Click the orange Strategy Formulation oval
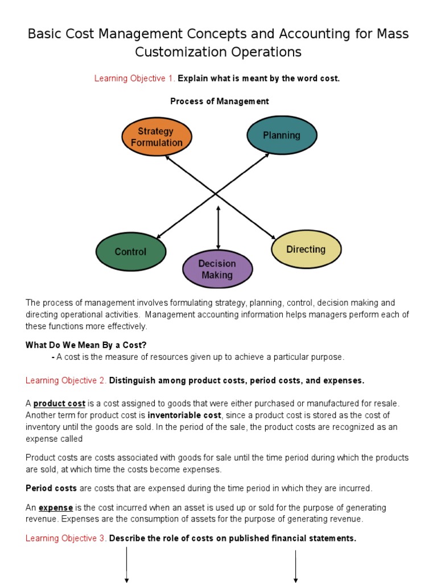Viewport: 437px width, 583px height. (x=156, y=137)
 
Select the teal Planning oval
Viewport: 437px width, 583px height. (x=282, y=136)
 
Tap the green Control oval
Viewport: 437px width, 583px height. (x=131, y=252)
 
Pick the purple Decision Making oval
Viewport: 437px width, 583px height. (x=217, y=269)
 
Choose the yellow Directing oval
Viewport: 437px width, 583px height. (x=306, y=249)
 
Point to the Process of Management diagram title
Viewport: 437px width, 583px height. (x=220, y=101)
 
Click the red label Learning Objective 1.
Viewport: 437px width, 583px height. (x=135, y=79)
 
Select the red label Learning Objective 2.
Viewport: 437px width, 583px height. (x=66, y=380)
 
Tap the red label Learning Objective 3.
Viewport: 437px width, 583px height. (x=66, y=539)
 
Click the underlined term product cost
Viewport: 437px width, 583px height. (x=59, y=404)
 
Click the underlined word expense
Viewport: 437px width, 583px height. (x=56, y=508)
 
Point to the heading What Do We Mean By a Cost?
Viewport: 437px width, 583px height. (x=86, y=345)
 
